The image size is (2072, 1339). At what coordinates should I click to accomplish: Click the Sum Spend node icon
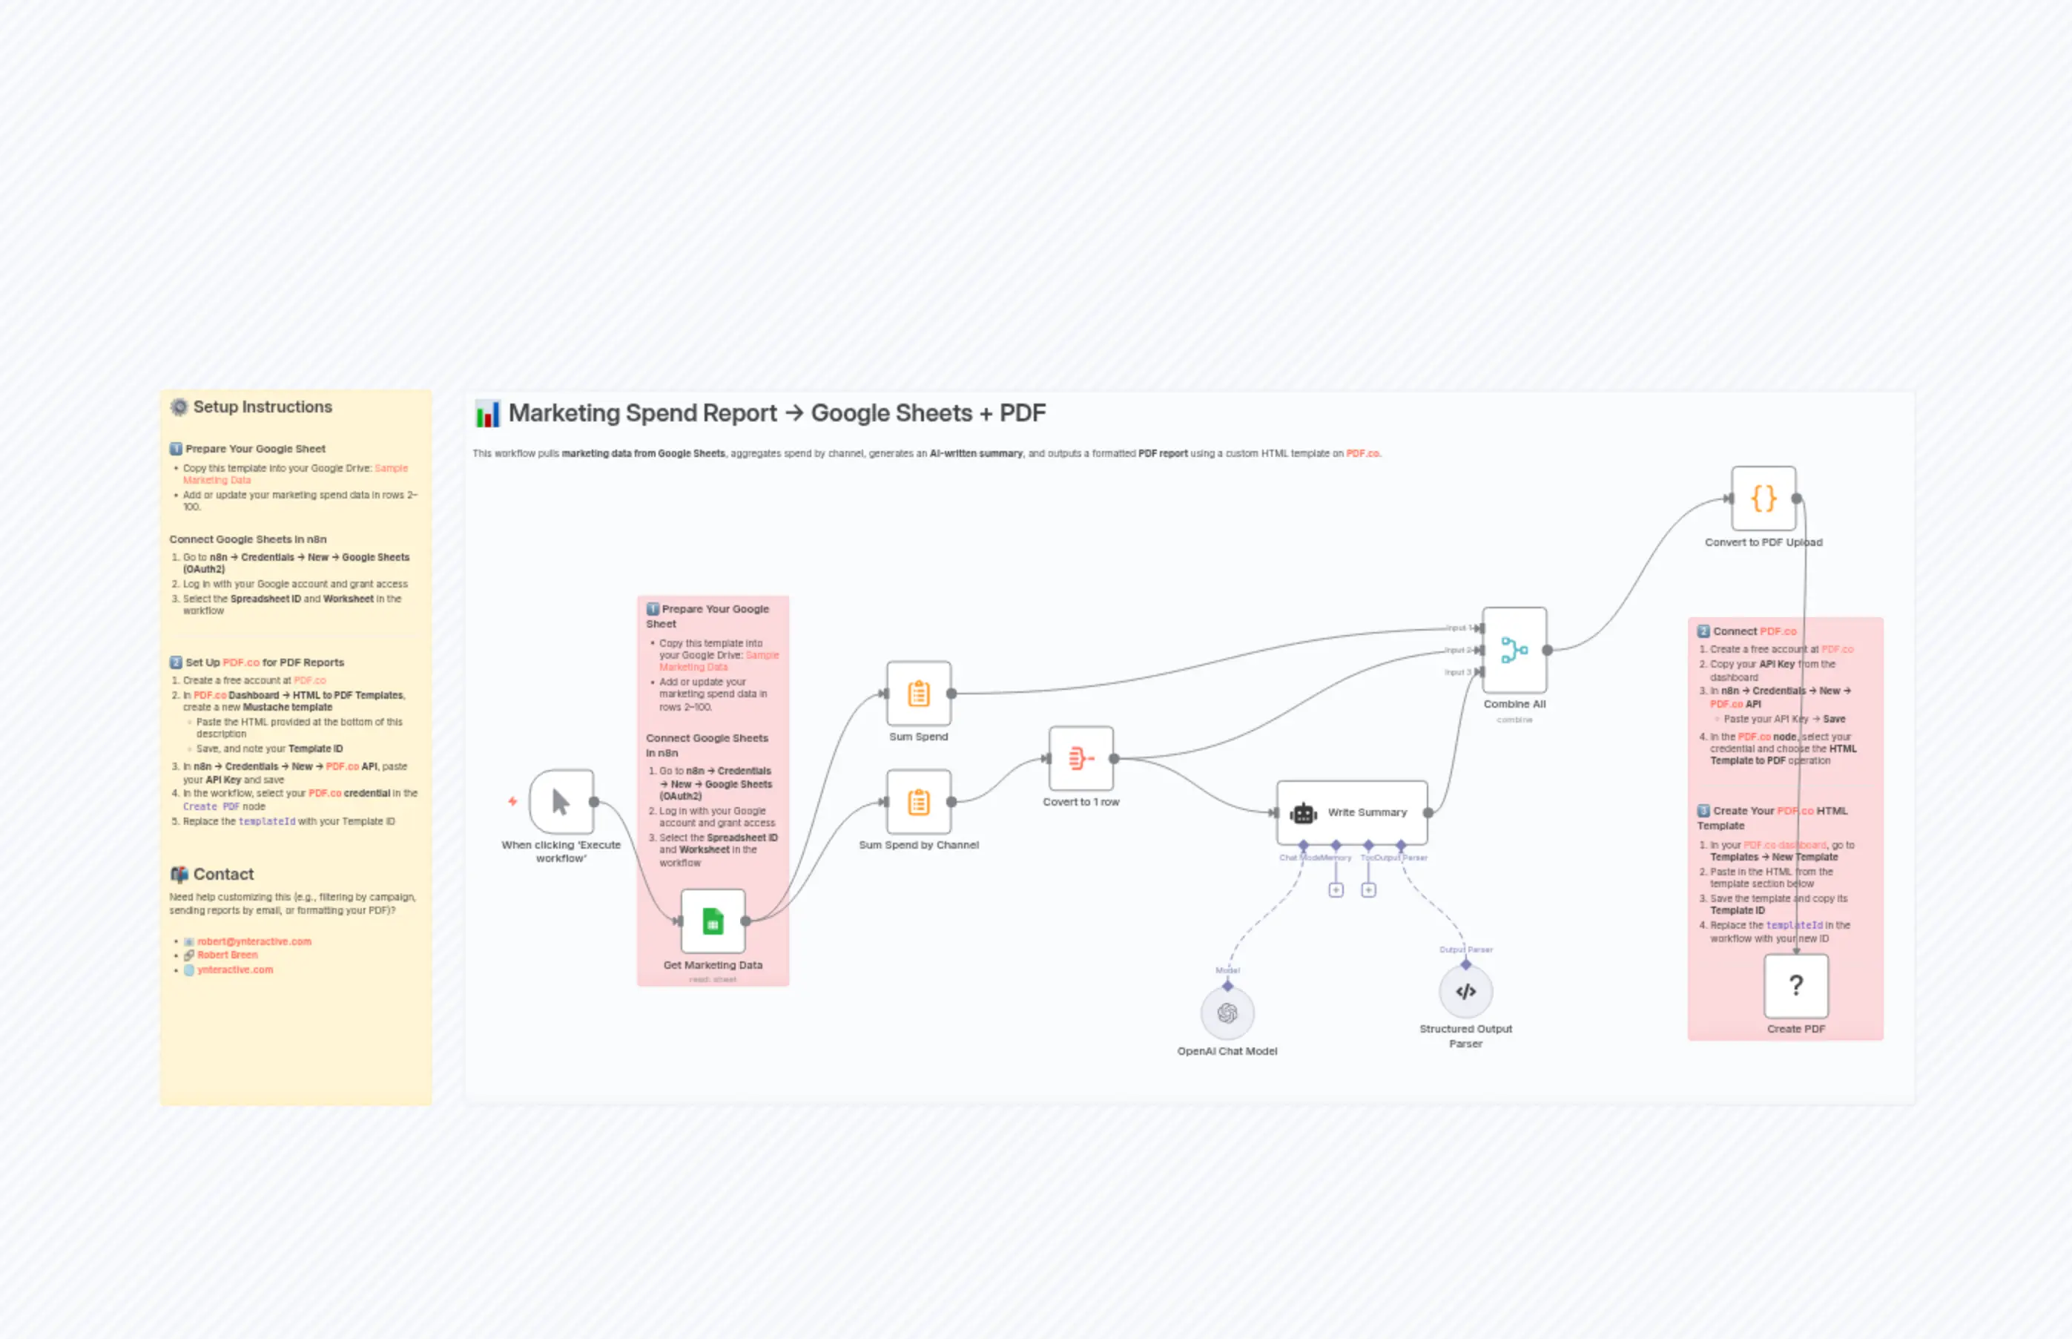919,694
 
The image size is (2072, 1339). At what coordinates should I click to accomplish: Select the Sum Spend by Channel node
919,802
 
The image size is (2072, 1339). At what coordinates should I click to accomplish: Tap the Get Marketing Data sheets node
713,921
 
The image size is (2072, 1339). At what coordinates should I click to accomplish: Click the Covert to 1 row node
1080,758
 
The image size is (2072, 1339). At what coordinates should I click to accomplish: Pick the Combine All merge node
1514,650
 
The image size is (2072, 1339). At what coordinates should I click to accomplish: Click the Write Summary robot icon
1303,813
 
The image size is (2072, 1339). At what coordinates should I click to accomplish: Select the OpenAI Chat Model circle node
1227,1013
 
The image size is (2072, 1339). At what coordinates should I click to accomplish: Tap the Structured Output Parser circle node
1465,991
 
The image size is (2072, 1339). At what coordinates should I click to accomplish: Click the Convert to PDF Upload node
1763,499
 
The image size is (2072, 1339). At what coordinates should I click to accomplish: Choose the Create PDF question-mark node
1795,985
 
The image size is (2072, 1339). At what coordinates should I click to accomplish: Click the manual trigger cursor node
561,802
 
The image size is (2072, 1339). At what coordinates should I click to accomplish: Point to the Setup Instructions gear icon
179,407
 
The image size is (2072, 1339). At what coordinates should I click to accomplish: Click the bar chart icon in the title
487,414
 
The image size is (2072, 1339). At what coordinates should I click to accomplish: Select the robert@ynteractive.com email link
254,941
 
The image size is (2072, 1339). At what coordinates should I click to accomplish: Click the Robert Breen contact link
227,955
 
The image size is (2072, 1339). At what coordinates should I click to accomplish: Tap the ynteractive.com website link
234,970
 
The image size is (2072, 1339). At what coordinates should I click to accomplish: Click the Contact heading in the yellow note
223,874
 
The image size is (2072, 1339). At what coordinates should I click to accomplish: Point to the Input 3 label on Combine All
1457,672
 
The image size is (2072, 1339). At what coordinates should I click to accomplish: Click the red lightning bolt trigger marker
512,800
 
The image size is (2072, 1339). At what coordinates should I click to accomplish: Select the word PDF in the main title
1022,413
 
